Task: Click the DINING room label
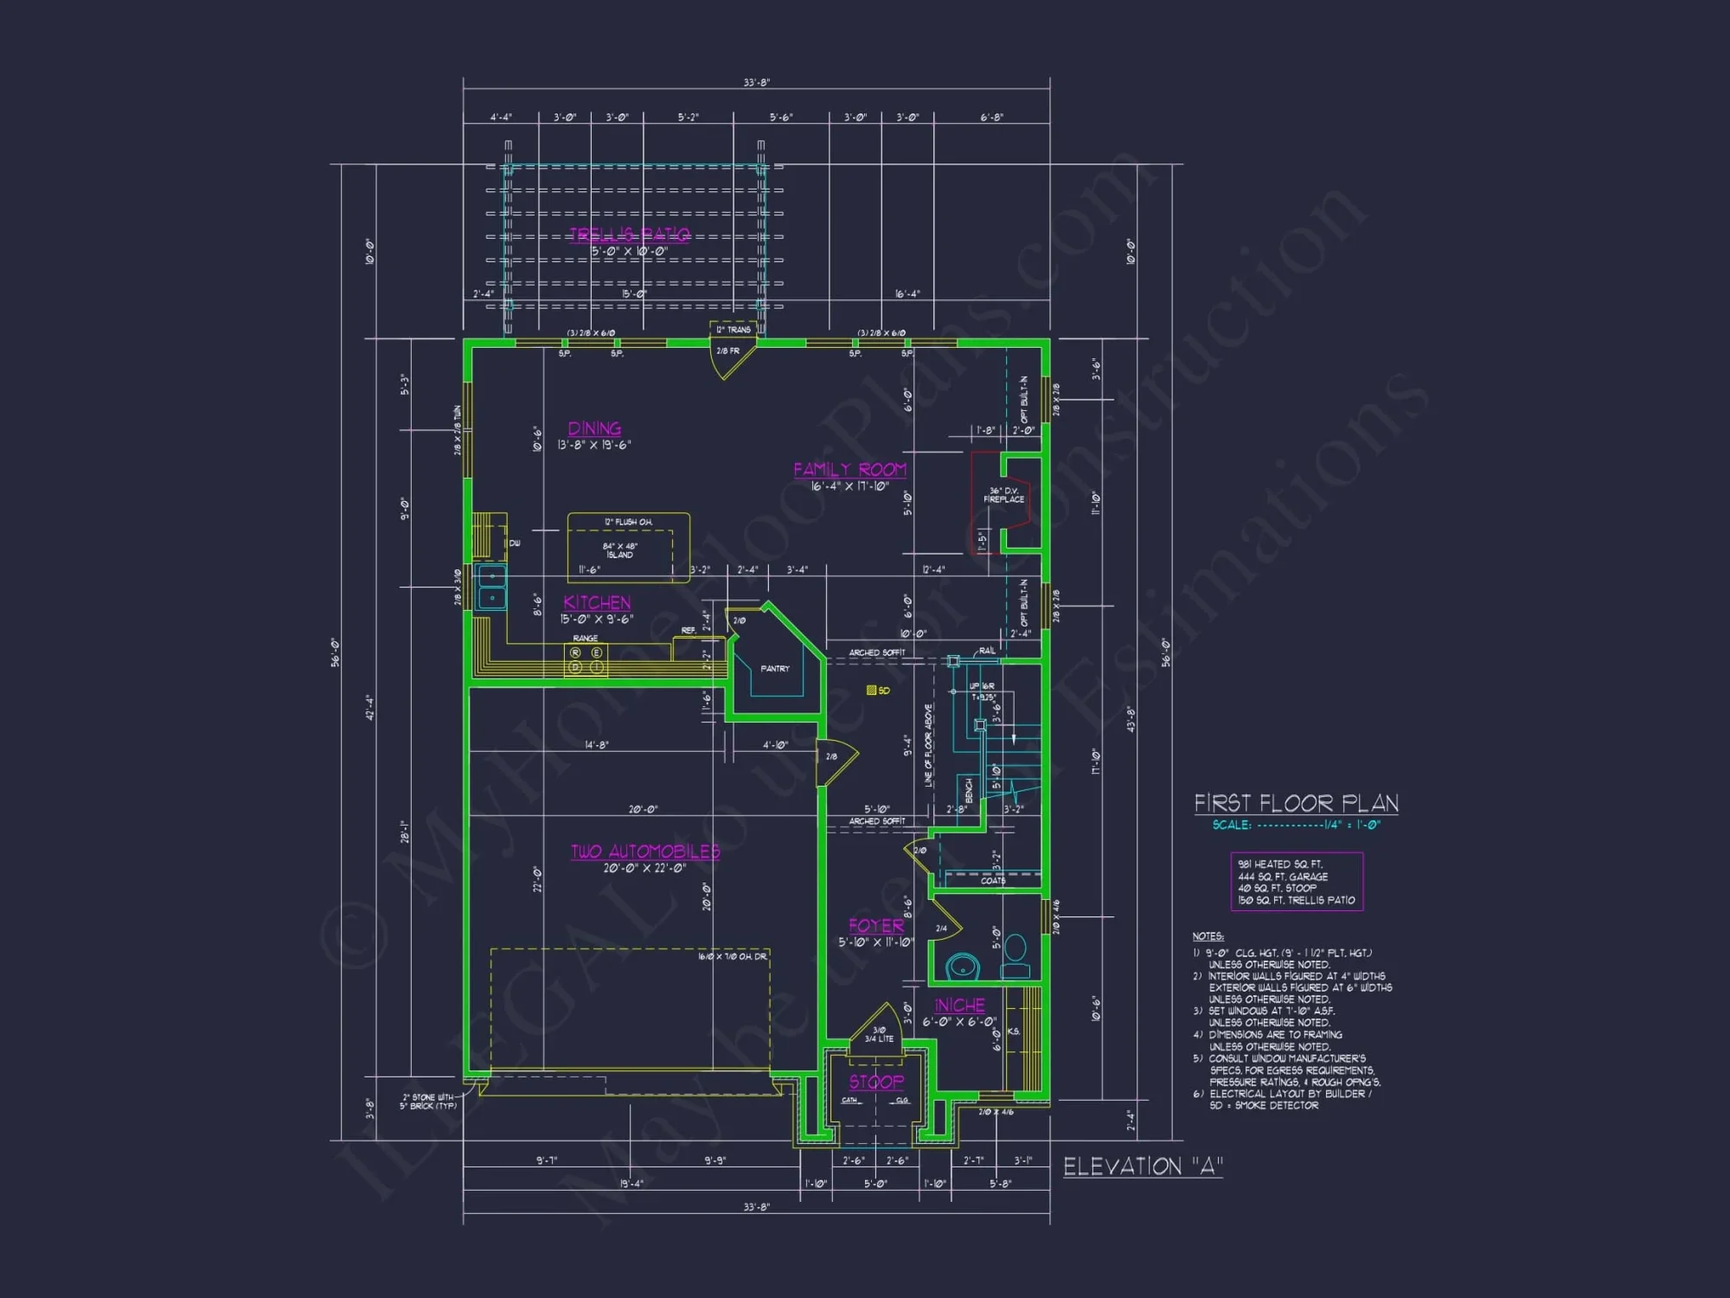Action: [594, 428]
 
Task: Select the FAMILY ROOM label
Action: [849, 469]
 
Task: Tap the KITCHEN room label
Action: [597, 602]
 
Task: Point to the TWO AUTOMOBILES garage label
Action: [644, 851]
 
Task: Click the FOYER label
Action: [875, 926]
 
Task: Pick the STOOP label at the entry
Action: [875, 1082]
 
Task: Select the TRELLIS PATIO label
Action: [630, 235]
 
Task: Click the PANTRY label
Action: [774, 669]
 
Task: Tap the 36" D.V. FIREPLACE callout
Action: [1003, 495]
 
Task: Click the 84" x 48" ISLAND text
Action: [620, 550]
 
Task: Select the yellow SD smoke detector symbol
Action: [872, 691]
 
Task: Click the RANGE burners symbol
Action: [586, 659]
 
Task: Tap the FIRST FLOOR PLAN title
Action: [1296, 803]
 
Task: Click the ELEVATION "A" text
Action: [1143, 1166]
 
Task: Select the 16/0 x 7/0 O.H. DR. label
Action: [733, 956]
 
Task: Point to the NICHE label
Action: [959, 1006]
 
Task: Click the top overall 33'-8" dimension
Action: [756, 83]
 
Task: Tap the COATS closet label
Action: [992, 881]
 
